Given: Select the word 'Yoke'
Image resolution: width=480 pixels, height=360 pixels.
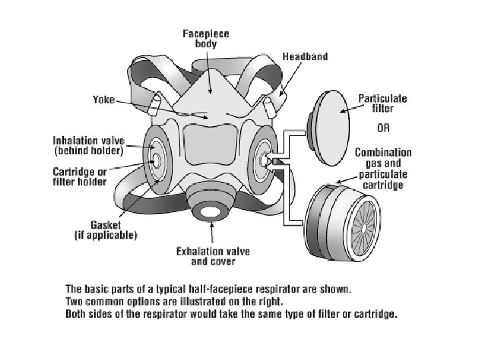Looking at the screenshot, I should click(x=103, y=101).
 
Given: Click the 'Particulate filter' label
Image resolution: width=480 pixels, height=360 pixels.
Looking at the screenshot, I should click(x=383, y=103).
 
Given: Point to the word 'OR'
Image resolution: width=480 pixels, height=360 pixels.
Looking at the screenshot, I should click(x=383, y=127).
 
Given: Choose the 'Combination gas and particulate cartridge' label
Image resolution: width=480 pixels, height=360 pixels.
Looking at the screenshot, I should click(x=383, y=169).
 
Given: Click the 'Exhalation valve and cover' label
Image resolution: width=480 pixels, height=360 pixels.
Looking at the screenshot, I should click(x=212, y=257).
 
